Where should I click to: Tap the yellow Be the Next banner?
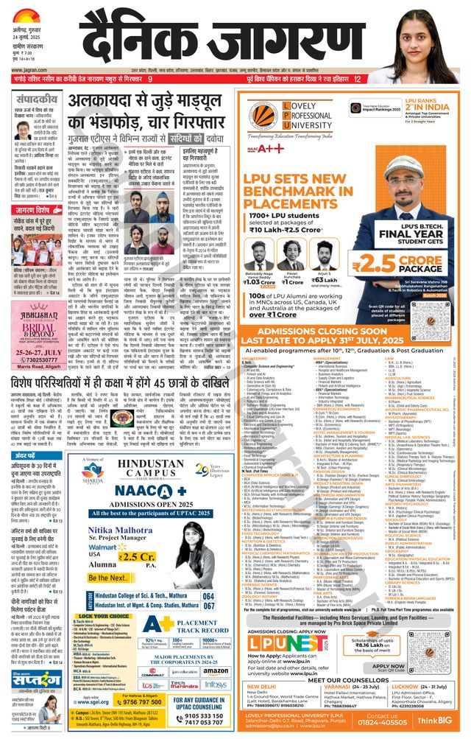(x=111, y=578)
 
